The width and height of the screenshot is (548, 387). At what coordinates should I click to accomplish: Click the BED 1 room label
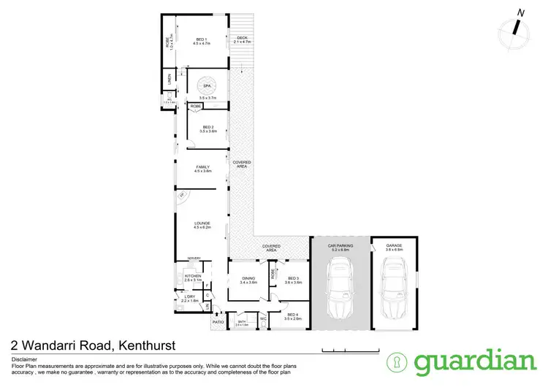coord(202,39)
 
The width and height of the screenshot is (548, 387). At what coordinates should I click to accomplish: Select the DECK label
coord(241,39)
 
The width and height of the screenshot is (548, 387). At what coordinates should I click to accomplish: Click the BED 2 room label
coord(207,128)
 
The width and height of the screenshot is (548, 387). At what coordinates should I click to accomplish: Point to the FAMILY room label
coord(202,168)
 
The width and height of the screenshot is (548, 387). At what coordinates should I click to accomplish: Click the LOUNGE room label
coord(202,223)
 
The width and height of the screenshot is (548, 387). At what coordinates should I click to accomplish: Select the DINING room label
coord(248,277)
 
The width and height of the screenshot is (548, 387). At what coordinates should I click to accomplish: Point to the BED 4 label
coord(293,315)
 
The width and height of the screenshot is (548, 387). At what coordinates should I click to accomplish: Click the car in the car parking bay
coord(340,290)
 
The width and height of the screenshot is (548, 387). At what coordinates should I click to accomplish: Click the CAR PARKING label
coord(340,246)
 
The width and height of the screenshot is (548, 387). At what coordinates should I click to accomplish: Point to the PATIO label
coord(218,321)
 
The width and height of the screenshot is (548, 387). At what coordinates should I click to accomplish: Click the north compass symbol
coord(517,28)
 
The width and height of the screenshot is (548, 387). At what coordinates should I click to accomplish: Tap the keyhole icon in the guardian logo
coord(397,362)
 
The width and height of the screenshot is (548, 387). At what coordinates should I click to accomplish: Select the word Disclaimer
coord(24,360)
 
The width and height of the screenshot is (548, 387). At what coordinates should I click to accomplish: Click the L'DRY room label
coord(189,297)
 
